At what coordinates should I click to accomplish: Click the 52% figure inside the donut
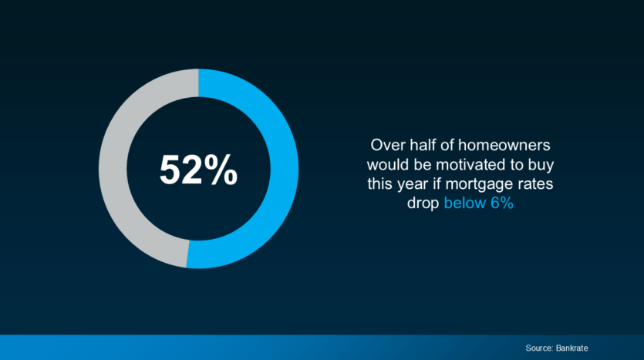point(198,170)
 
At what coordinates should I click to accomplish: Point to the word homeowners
point(504,146)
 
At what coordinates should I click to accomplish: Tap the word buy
point(542,166)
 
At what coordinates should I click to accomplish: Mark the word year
point(413,185)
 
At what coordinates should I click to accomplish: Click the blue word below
point(465,204)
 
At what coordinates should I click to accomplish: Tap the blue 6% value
point(502,204)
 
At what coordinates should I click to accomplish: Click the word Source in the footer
point(539,348)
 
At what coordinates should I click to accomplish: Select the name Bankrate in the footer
point(572,348)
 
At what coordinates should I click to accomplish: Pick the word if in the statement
point(437,184)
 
